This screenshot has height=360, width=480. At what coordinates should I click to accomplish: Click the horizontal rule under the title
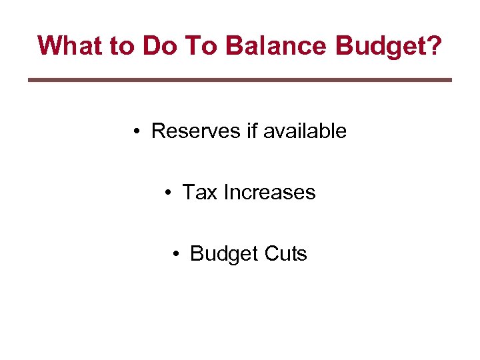click(240, 80)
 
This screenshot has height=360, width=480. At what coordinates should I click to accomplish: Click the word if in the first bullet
click(252, 131)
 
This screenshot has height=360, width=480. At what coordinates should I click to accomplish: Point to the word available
click(305, 131)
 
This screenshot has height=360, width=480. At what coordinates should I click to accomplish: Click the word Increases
click(269, 192)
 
